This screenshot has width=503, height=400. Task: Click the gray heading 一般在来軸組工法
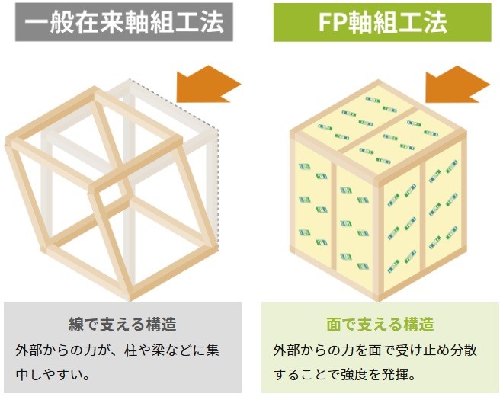tap(123, 23)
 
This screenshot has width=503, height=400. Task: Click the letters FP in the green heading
tap(328, 23)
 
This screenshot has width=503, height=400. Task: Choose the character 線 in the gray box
tap(75, 324)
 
